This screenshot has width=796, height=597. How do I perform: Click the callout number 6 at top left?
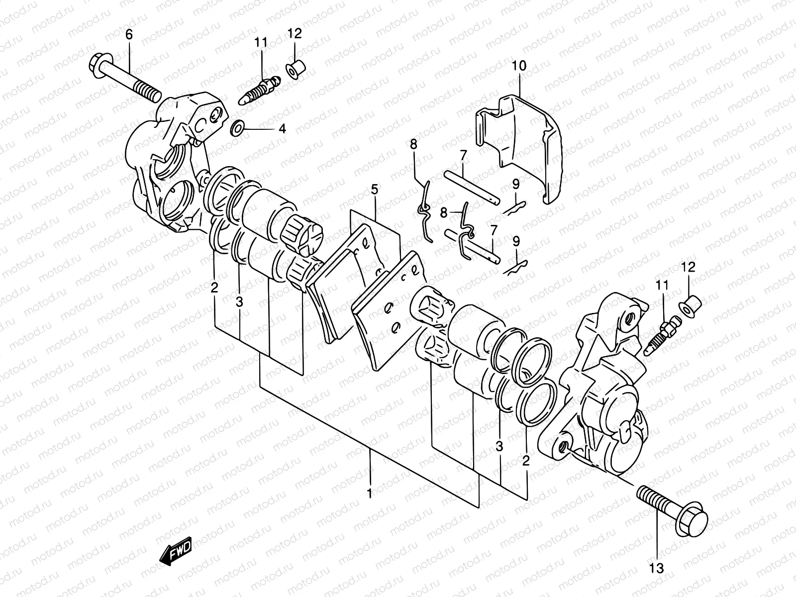tap(129, 34)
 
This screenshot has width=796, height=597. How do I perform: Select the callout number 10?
tap(519, 66)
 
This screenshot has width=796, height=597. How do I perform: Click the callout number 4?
tap(282, 129)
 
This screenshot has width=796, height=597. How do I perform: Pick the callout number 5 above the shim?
tap(374, 189)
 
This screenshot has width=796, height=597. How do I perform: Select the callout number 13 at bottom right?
tap(656, 567)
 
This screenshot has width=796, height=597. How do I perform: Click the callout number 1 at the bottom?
tap(369, 494)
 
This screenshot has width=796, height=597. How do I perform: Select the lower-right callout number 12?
tap(688, 267)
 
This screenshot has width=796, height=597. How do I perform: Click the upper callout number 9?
tap(516, 184)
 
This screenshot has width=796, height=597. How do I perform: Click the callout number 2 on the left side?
tap(214, 287)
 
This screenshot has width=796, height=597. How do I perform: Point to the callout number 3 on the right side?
tap(499, 447)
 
